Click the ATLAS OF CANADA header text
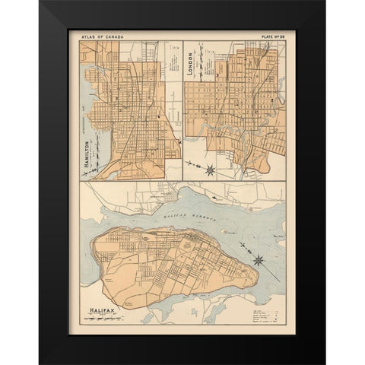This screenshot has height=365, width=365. [100, 35]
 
